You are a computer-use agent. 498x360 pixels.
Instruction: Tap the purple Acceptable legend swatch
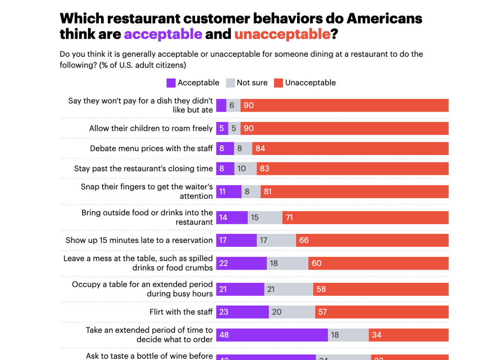click(x=171, y=83)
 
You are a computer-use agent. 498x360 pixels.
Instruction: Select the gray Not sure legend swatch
click(x=230, y=83)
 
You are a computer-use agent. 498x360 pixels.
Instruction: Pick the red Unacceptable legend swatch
click(x=278, y=83)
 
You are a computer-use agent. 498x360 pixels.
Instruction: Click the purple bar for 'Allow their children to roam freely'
click(x=222, y=129)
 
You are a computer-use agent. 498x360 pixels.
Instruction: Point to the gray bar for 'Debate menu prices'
click(x=243, y=148)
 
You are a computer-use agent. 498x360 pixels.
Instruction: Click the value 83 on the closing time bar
click(x=264, y=169)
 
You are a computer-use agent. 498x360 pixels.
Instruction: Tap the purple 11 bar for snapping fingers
click(x=229, y=192)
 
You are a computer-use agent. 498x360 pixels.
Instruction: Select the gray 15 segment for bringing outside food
click(x=265, y=217)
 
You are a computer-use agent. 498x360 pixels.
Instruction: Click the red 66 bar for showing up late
click(x=372, y=240)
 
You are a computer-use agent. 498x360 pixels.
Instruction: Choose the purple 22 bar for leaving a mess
click(x=241, y=263)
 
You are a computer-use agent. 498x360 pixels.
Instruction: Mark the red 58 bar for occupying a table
click(x=381, y=289)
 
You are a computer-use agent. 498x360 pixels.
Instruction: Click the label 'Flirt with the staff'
click(x=181, y=312)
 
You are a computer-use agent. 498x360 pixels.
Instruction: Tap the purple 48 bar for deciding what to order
click(x=272, y=335)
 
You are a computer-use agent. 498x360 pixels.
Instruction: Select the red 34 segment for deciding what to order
click(x=408, y=335)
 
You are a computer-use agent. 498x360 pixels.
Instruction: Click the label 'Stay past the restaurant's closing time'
click(x=143, y=169)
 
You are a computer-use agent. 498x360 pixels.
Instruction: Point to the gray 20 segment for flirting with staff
click(x=292, y=312)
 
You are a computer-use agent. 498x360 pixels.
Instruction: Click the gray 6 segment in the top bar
click(x=233, y=106)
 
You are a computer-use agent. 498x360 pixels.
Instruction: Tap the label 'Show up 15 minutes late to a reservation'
click(x=139, y=240)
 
